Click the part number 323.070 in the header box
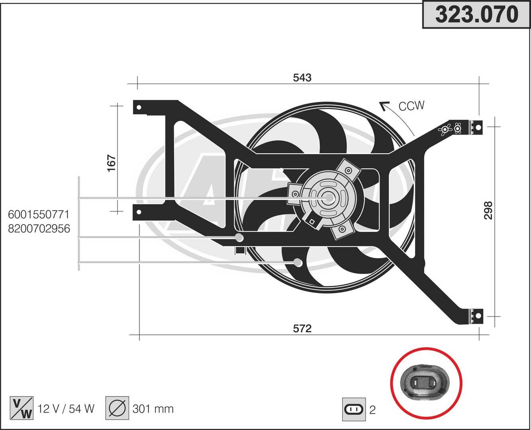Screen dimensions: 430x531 (476, 15)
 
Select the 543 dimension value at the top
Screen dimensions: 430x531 (302, 78)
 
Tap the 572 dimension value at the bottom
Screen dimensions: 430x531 (302, 328)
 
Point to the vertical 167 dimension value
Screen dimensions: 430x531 (112, 163)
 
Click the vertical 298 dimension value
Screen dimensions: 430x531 (488, 210)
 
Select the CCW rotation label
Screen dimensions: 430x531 (411, 106)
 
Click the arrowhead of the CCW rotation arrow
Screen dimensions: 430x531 (383, 105)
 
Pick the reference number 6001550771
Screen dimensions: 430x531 (39, 215)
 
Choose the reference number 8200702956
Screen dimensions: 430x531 (39, 229)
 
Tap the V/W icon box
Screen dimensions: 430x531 (21, 408)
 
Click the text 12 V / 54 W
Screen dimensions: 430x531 (66, 408)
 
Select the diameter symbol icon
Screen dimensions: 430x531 (117, 408)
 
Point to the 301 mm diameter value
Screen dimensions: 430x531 (153, 408)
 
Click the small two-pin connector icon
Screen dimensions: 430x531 (354, 409)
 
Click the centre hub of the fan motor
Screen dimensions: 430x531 (329, 197)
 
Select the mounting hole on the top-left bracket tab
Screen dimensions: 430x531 (139, 107)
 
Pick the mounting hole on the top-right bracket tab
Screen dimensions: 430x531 (478, 127)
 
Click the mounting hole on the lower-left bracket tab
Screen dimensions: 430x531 (139, 212)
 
